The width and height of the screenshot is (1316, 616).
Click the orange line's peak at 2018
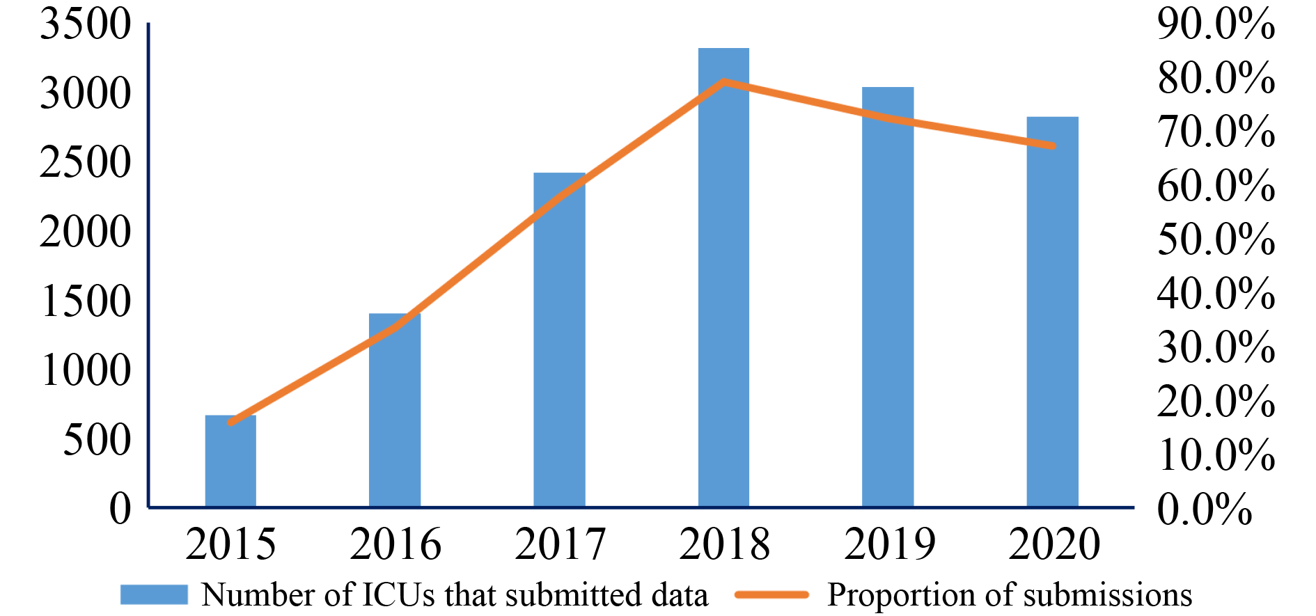click(x=724, y=81)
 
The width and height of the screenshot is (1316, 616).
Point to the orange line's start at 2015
click(x=230, y=422)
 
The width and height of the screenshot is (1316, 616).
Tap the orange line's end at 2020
click(x=1052, y=146)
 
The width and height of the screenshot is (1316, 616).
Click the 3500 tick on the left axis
click(x=86, y=24)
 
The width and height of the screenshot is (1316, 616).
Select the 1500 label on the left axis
click(x=86, y=301)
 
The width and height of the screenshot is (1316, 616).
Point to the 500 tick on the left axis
click(x=97, y=440)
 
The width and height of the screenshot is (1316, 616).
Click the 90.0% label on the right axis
click(x=1216, y=24)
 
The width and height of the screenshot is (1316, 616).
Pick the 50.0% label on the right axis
click(x=1216, y=239)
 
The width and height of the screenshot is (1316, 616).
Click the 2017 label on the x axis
click(x=560, y=544)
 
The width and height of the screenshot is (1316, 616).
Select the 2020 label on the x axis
click(x=1053, y=544)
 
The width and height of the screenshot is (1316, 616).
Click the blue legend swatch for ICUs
click(x=154, y=594)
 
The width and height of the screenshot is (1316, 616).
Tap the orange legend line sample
click(x=771, y=594)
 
